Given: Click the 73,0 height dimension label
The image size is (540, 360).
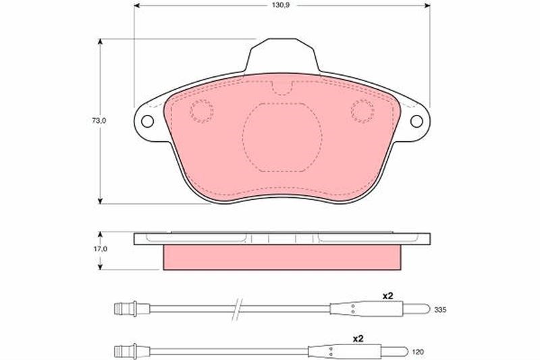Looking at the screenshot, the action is point(99,121).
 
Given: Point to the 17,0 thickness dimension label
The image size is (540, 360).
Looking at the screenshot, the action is point(101,249).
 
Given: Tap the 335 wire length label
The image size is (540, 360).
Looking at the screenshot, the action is point(440,310).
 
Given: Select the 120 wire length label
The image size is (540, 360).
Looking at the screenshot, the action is point(418,352).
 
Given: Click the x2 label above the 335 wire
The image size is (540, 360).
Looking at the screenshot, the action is point(387,296).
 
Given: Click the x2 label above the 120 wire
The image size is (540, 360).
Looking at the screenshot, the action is point(358,338).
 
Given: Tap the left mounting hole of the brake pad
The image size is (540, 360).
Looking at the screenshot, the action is point(147,122).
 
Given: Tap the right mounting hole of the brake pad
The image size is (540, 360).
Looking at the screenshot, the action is point(416,122).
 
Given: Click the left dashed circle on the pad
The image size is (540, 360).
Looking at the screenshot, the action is point(201,111).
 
